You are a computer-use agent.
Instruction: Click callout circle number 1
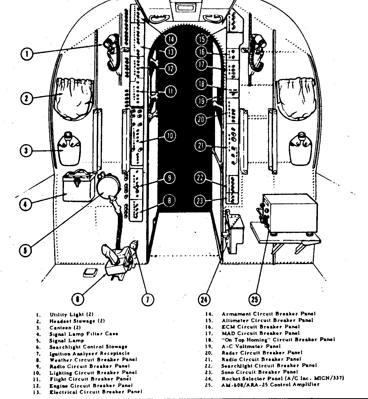click(x=27, y=54)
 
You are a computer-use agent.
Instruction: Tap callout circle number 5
click(x=25, y=250)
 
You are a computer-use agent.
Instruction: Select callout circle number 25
click(x=255, y=299)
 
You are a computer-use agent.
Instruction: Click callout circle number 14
click(x=171, y=39)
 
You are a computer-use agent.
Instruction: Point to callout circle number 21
click(x=201, y=146)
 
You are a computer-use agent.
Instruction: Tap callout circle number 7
click(x=148, y=299)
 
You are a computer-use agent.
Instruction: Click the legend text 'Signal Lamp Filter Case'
click(x=84, y=334)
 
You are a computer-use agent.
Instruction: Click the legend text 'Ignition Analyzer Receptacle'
click(x=89, y=353)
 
